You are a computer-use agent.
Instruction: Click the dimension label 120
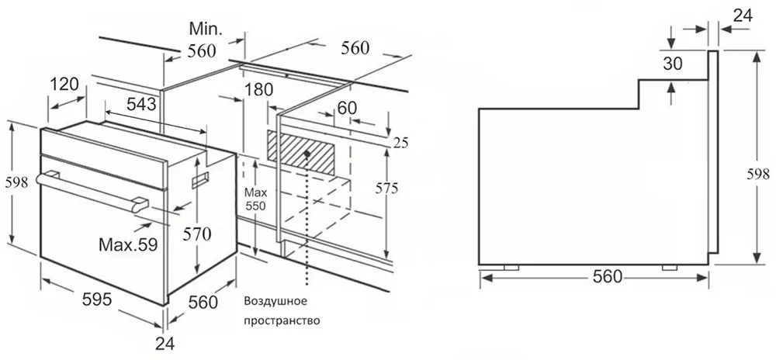pyautogui.click(x=64, y=85)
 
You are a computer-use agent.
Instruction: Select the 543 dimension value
pyautogui.click(x=141, y=104)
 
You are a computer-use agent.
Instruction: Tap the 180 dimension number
pyautogui.click(x=258, y=90)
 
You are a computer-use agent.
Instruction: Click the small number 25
pyautogui.click(x=401, y=144)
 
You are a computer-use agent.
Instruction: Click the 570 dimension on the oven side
pyautogui.click(x=196, y=233)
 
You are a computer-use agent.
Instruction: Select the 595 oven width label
pyautogui.click(x=96, y=299)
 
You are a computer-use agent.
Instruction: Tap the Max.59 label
pyautogui.click(x=128, y=244)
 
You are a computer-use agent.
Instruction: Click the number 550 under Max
pyautogui.click(x=257, y=206)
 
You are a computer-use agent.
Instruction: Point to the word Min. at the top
pyautogui.click(x=206, y=29)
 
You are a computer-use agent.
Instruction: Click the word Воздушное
pyautogui.click(x=276, y=302)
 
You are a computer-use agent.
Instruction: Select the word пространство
pyautogui.click(x=282, y=321)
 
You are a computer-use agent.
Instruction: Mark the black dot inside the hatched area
pyautogui.click(x=307, y=154)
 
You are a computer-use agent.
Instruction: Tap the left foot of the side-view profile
pyautogui.click(x=511, y=268)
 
